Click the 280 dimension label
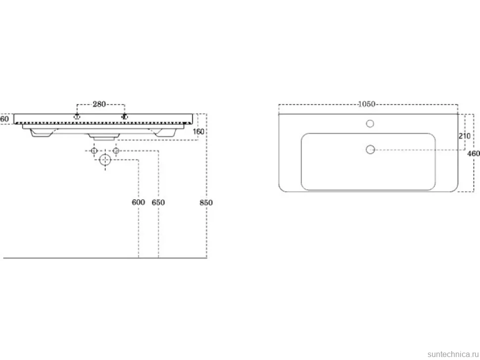pos(99,104)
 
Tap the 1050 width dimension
pos(366,104)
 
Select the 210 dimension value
pos(464,135)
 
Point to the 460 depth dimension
pos(474,153)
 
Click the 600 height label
pos(138,202)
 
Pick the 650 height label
pos(158,202)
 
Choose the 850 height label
pos(206,202)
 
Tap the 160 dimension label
pos(198,132)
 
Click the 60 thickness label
pos(4,118)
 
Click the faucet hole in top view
pos(370,124)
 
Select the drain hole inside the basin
pos(371,149)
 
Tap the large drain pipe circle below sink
pos(105,160)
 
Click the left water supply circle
pos(95,150)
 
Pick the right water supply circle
pos(116,150)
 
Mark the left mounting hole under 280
pos(77,116)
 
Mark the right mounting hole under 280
pos(124,116)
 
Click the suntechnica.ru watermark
pos(453,354)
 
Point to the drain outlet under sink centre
pos(104,136)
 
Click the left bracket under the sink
pos(41,133)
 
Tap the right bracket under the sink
pos(166,133)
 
